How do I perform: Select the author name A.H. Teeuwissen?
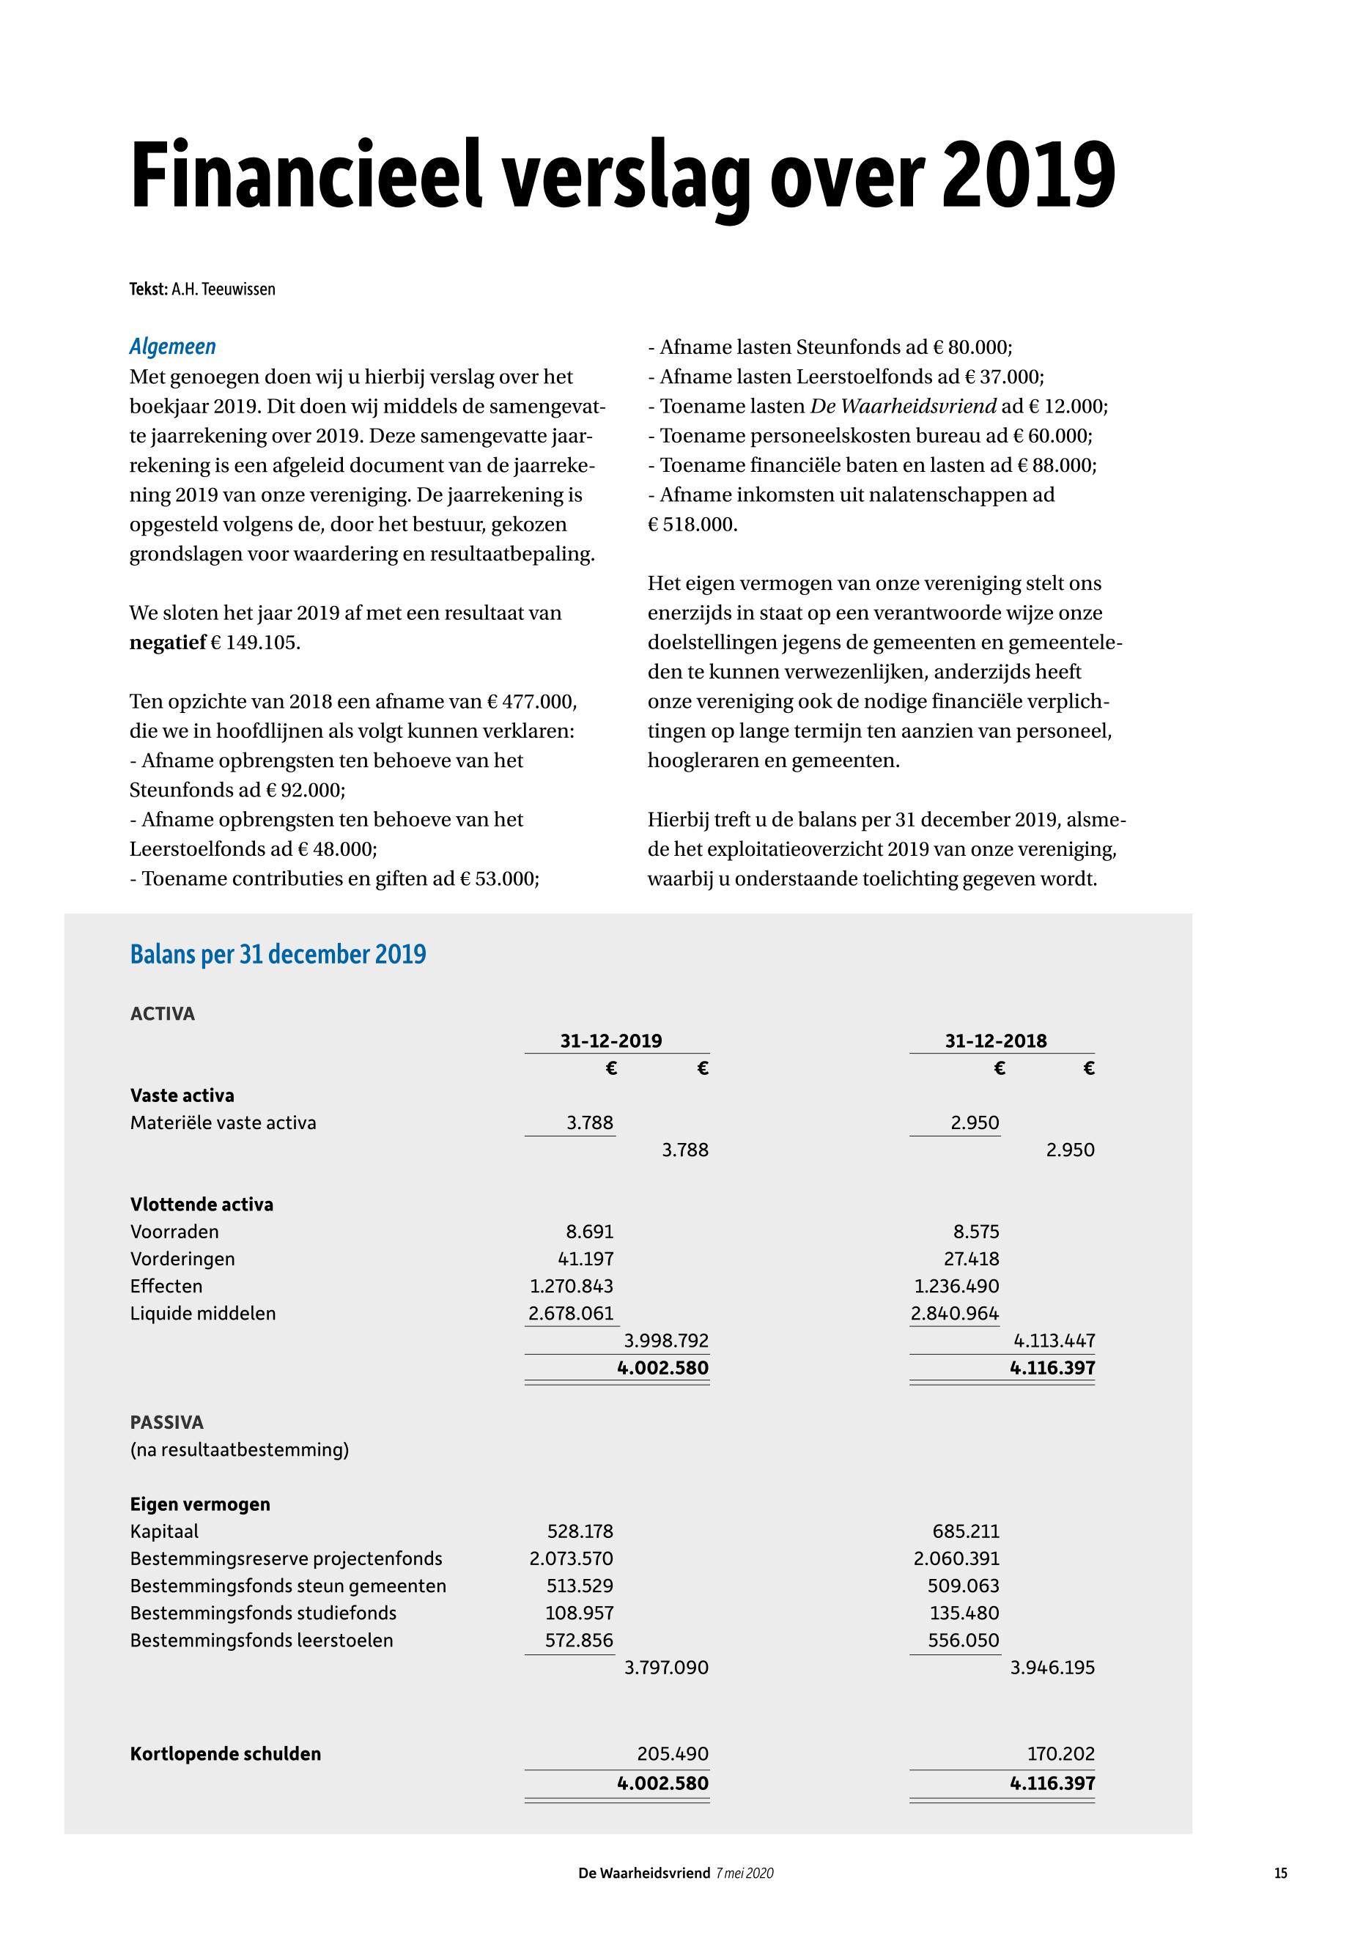(224, 289)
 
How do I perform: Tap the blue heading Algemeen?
(173, 347)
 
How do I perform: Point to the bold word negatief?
(168, 642)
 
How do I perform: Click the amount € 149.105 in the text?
(255, 642)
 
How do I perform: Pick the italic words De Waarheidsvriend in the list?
(903, 406)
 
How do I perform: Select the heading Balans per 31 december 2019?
(278, 955)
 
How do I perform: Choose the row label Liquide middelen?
(203, 1314)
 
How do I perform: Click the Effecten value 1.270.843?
(571, 1287)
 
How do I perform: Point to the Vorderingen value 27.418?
(972, 1260)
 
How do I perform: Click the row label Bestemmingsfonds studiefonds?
(264, 1613)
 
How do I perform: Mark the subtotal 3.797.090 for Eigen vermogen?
(666, 1668)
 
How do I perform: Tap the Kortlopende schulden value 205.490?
(673, 1754)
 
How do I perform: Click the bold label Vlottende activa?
(202, 1205)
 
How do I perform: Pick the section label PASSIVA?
(167, 1422)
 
